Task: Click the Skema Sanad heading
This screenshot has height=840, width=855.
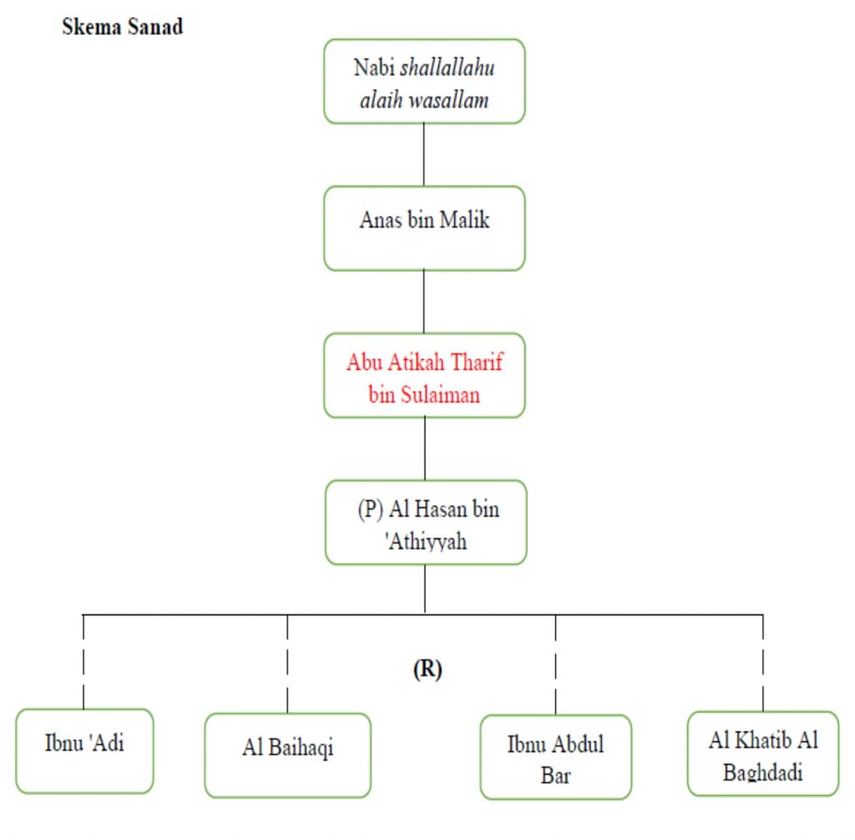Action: click(x=123, y=26)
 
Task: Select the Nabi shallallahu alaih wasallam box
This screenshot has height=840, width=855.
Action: click(x=424, y=82)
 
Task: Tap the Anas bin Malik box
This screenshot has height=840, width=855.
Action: click(x=424, y=228)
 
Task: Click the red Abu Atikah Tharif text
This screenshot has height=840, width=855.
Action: click(x=424, y=364)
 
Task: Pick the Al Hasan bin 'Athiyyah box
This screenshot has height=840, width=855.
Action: click(x=426, y=523)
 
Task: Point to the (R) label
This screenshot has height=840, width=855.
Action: click(x=427, y=670)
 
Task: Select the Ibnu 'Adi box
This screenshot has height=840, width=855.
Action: click(x=84, y=750)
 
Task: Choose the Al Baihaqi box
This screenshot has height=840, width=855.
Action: click(x=287, y=755)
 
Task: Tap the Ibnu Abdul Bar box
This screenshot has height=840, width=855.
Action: click(x=555, y=757)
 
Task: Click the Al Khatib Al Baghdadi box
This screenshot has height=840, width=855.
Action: click(x=762, y=753)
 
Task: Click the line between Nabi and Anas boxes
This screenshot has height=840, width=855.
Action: click(x=424, y=154)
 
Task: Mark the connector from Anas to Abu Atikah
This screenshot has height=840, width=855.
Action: click(x=424, y=301)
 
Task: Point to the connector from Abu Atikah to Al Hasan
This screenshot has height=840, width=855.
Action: click(x=425, y=448)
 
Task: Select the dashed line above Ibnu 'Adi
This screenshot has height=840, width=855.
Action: click(x=83, y=661)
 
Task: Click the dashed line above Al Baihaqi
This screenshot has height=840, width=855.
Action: click(x=287, y=663)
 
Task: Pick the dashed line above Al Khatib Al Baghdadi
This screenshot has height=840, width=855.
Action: click(x=762, y=662)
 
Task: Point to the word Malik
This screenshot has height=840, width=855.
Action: click(x=464, y=220)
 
